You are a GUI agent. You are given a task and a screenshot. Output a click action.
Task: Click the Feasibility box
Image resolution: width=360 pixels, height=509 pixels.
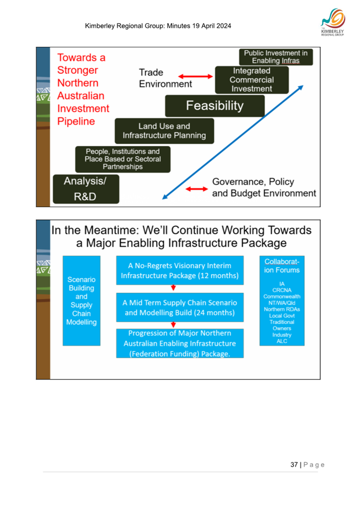pos(214,106)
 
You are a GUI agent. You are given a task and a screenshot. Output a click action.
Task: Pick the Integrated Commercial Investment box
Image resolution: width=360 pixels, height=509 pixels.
pos(251,80)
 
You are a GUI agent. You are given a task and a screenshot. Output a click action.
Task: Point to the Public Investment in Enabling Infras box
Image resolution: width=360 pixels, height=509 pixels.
pos(276,57)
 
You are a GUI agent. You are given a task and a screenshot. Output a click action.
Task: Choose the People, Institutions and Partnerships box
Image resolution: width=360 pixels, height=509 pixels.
pos(123,159)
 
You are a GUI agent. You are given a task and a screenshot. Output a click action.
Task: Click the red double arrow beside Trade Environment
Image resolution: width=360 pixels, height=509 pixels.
pos(196,77)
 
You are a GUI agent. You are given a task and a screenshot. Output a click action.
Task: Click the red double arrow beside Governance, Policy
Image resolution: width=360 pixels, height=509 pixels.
pos(195,189)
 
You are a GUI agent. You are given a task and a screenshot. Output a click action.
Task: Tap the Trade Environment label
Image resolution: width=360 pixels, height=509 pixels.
pos(165,79)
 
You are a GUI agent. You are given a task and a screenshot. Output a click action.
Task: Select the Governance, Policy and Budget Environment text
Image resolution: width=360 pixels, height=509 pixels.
pos(264,188)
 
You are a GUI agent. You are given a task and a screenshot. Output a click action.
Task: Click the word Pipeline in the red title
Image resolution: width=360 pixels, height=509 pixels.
pos(77,121)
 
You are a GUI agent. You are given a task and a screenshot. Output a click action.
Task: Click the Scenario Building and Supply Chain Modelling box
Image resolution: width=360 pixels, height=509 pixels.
pos(81,300)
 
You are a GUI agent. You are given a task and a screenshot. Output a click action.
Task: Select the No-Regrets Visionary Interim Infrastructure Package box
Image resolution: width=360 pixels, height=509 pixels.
pos(179,269)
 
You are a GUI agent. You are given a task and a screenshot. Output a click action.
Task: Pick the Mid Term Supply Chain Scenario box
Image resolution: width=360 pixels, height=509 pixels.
pos(179,308)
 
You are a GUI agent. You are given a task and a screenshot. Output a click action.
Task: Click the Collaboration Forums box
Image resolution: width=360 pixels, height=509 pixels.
pos(282,300)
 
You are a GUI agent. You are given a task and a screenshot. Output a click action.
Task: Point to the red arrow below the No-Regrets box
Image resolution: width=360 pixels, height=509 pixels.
pos(174,288)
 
